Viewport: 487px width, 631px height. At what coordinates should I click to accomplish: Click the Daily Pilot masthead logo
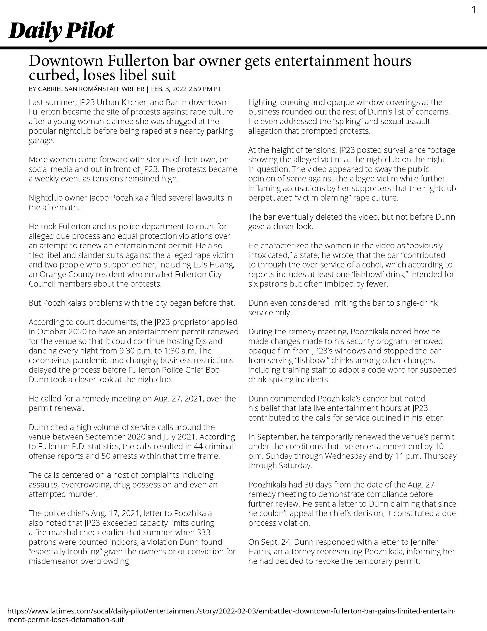pyautogui.click(x=61, y=31)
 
